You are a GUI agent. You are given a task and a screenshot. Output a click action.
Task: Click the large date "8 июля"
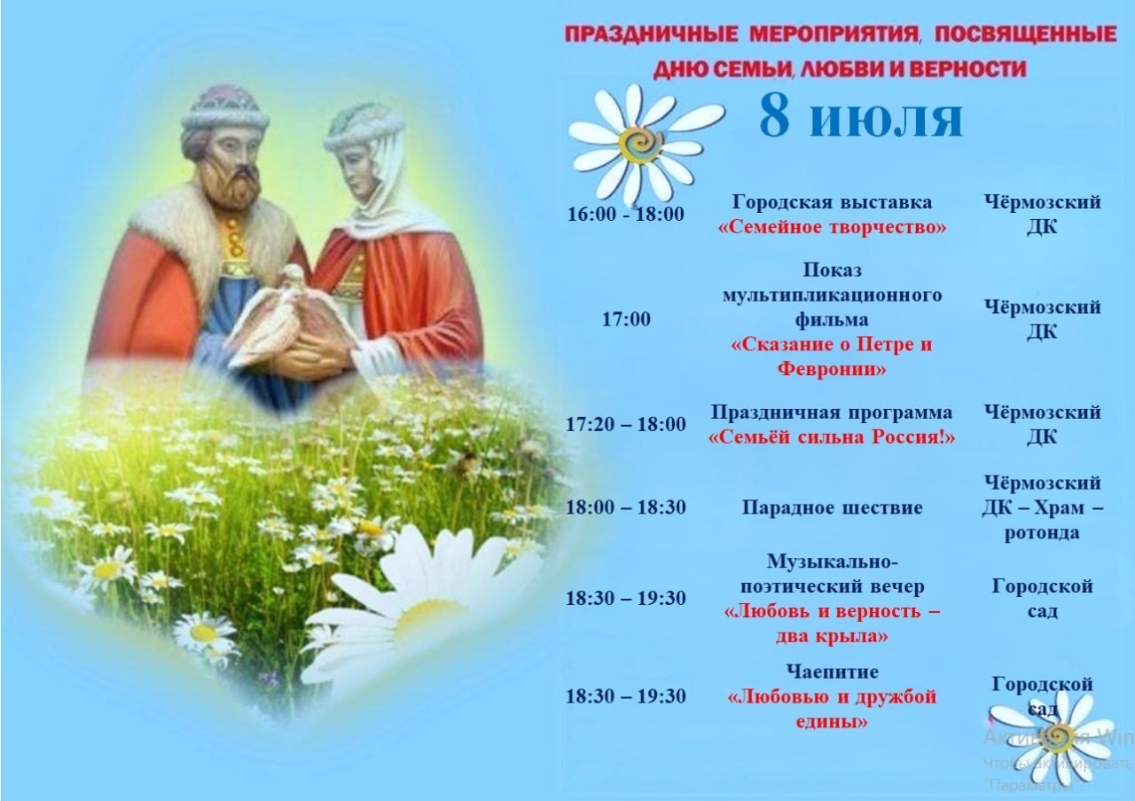click(x=861, y=118)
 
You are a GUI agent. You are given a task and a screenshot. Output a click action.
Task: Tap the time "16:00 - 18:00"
click(x=626, y=214)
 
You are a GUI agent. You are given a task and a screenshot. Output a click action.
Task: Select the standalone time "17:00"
click(x=626, y=318)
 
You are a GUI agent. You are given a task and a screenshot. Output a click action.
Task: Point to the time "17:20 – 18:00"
click(x=626, y=424)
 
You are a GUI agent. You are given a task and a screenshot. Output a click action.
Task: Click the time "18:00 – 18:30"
click(x=626, y=507)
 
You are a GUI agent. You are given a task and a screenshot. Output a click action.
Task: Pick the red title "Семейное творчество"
click(x=832, y=227)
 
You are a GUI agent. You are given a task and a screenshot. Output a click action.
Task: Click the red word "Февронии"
click(x=832, y=368)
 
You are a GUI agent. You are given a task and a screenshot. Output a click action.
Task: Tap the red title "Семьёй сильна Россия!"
click(x=832, y=437)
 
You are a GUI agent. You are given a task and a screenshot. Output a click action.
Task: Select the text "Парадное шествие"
click(x=832, y=507)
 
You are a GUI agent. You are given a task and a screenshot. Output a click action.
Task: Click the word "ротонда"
click(x=1042, y=533)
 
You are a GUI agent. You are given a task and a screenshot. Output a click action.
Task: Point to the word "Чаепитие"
click(x=832, y=671)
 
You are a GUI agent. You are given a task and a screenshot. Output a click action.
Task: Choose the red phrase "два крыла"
click(x=832, y=636)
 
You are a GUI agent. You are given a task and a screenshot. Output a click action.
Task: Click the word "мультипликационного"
click(x=832, y=295)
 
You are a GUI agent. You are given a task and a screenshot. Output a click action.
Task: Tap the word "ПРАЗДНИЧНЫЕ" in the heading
click(x=651, y=35)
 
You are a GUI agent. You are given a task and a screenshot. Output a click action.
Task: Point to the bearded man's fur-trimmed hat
click(x=225, y=114)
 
